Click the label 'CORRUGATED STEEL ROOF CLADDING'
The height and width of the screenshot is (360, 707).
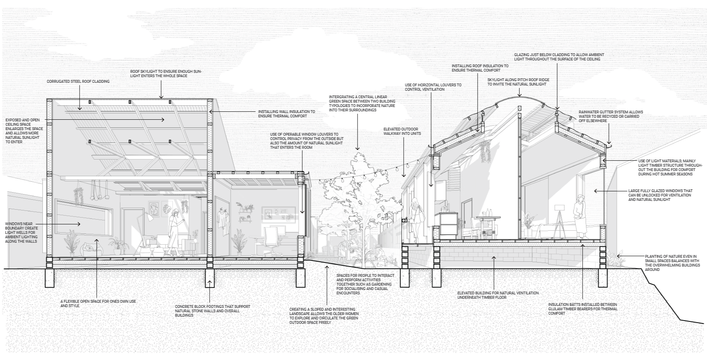pos(78,82)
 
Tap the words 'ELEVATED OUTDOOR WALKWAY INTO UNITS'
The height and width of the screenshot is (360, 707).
pos(402,131)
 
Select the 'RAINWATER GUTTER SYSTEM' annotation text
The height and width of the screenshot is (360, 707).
pos(610,114)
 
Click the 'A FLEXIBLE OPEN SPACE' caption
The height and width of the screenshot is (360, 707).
pos(98,304)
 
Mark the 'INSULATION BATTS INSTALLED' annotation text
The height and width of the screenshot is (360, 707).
pos(583,309)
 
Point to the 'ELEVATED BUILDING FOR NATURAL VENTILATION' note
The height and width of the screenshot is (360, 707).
pos(498,295)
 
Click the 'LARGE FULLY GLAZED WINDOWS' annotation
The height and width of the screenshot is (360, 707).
pos(660,195)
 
